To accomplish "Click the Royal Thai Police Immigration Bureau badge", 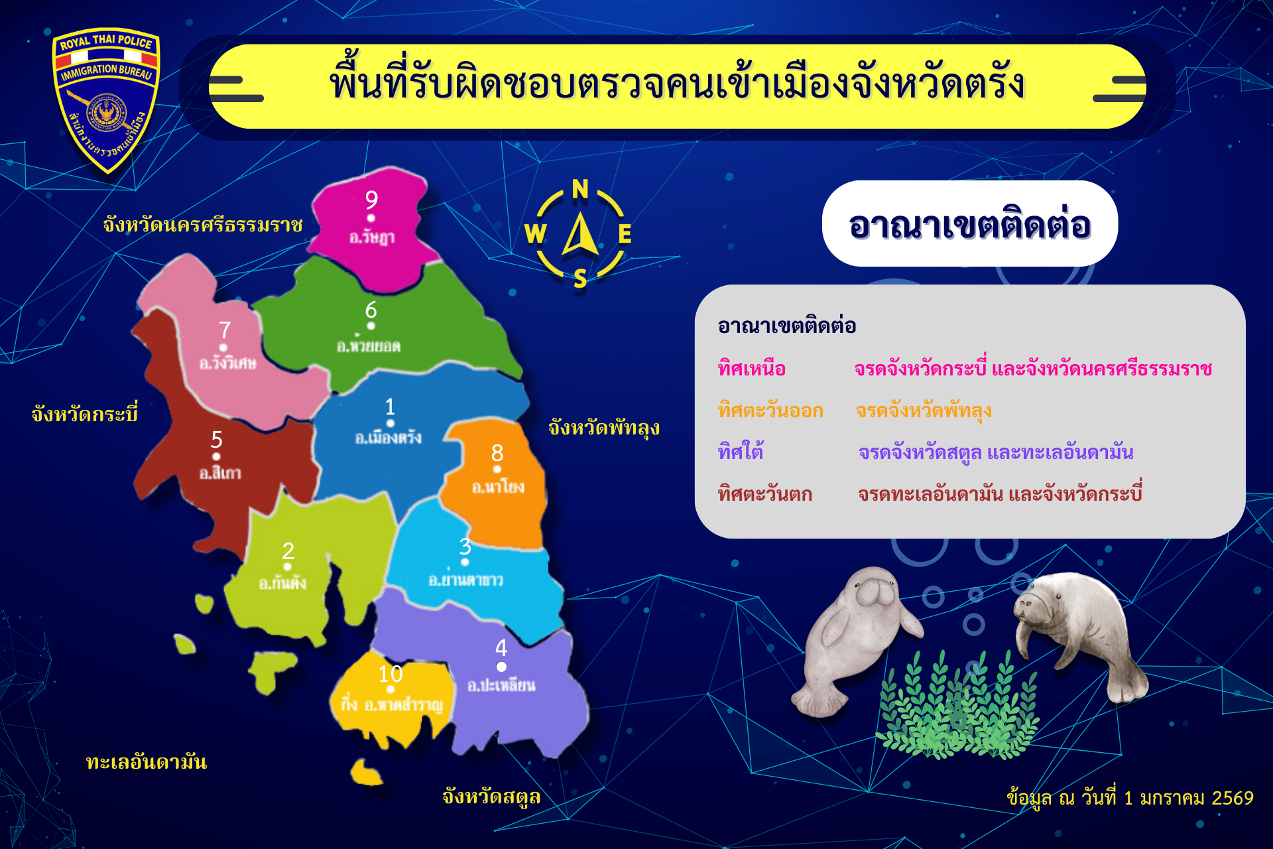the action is click(x=106, y=99).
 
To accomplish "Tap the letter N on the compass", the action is click(x=580, y=190).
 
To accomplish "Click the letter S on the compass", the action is click(x=580, y=279).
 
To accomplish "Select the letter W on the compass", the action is click(x=535, y=233).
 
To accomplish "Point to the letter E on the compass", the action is click(x=625, y=233).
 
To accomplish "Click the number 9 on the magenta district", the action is click(x=371, y=200).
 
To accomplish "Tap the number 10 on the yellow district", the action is click(x=391, y=674).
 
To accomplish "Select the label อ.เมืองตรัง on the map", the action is click(x=388, y=437).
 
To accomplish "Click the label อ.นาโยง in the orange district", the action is click(x=498, y=487).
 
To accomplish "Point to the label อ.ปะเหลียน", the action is click(x=501, y=685).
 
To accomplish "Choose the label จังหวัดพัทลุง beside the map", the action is click(x=604, y=428).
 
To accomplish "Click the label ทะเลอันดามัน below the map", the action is click(x=147, y=761).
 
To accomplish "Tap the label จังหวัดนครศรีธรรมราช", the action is click(x=203, y=225).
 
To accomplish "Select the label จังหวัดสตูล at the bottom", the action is click(x=491, y=796).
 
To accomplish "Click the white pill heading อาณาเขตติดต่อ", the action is click(x=970, y=224).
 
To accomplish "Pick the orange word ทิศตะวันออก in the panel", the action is click(x=770, y=411).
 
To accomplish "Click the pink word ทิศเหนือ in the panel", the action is click(x=752, y=368).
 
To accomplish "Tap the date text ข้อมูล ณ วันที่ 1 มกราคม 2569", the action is click(x=1130, y=798).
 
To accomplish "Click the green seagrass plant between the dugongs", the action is click(x=958, y=706).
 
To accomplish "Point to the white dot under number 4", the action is click(x=501, y=667).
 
